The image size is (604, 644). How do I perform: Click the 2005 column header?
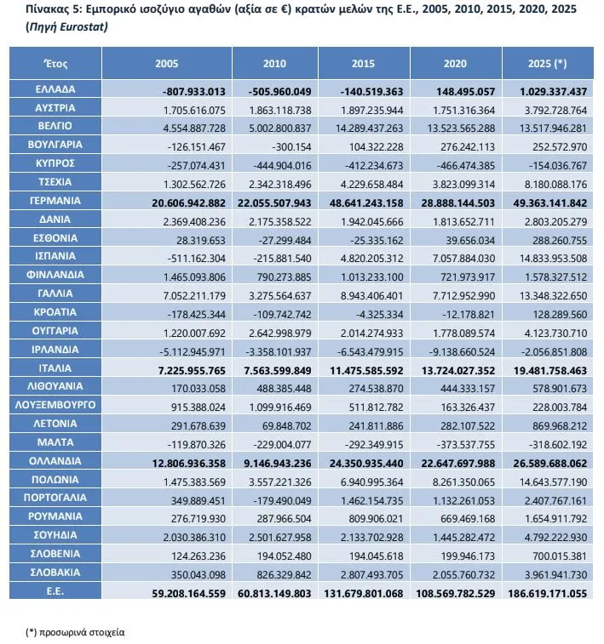coord(166,64)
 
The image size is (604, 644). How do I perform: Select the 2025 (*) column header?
coord(547,64)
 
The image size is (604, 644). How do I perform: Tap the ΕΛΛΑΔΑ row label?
coord(55,89)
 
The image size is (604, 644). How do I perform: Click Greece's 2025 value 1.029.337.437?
coord(553,92)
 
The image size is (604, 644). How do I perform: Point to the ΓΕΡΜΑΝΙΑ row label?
coord(55,201)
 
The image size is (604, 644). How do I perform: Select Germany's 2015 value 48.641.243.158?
coord(366,203)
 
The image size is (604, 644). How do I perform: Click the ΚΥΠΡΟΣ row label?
coord(55,163)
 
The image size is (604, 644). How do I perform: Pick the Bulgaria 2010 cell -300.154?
coord(291,147)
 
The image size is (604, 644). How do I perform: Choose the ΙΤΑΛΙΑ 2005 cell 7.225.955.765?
coord(192,371)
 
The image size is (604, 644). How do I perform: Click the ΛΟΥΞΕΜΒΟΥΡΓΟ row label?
coord(55,405)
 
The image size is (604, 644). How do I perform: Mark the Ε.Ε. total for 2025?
coord(547,594)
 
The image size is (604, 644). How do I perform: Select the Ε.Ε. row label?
coord(55,591)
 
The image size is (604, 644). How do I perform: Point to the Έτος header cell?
coord(55,64)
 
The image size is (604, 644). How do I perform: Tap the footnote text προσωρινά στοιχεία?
coord(82,632)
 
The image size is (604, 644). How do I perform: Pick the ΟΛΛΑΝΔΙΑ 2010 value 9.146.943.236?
coord(278,464)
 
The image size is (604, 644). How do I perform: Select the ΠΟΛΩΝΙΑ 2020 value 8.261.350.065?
coord(463,482)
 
